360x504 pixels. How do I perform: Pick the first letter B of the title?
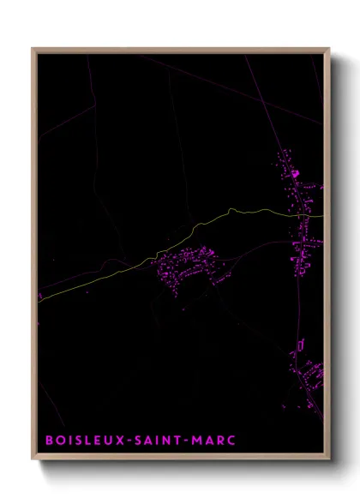tap(50, 440)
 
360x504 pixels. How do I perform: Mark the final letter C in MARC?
tap(231, 440)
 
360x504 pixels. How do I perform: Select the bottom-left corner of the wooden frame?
tap(33, 461)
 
